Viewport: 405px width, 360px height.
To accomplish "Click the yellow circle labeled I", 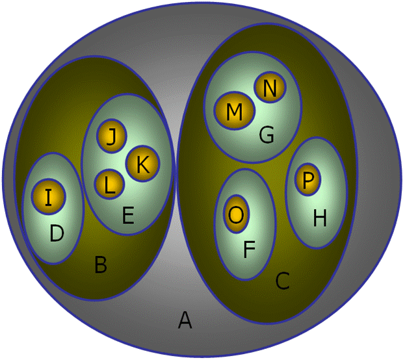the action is [x=49, y=197].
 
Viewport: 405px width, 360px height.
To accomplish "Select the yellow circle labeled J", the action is [x=111, y=136].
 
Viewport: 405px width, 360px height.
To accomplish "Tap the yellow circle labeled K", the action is [x=143, y=164].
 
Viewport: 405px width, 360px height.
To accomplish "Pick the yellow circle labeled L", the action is [x=109, y=185].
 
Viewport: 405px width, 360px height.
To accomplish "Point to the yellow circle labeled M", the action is [x=234, y=110].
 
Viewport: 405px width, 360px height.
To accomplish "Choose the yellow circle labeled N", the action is [x=270, y=87].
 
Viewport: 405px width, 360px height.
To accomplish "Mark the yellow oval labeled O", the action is [x=236, y=214].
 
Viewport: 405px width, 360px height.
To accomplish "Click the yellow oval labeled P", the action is [x=307, y=179].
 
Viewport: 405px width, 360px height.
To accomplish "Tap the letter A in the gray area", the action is [x=185, y=320].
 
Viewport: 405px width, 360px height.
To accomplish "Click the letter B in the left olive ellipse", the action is [x=101, y=264].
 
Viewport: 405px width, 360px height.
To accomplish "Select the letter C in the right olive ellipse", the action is [x=282, y=281].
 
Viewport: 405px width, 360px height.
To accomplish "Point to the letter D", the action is [x=57, y=233].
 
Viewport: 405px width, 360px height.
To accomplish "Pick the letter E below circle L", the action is [x=128, y=215].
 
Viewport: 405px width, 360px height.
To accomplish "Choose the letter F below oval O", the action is [x=249, y=250].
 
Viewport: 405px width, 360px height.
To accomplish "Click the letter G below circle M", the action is [x=267, y=135].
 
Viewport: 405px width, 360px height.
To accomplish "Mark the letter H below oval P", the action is [x=320, y=218].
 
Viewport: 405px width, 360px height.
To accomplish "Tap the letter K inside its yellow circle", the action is [x=143, y=164].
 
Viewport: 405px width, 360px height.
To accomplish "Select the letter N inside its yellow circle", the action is [x=270, y=88].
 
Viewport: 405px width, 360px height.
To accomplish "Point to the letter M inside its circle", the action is [x=234, y=112].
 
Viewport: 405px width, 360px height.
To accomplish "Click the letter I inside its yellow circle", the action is [x=49, y=198].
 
